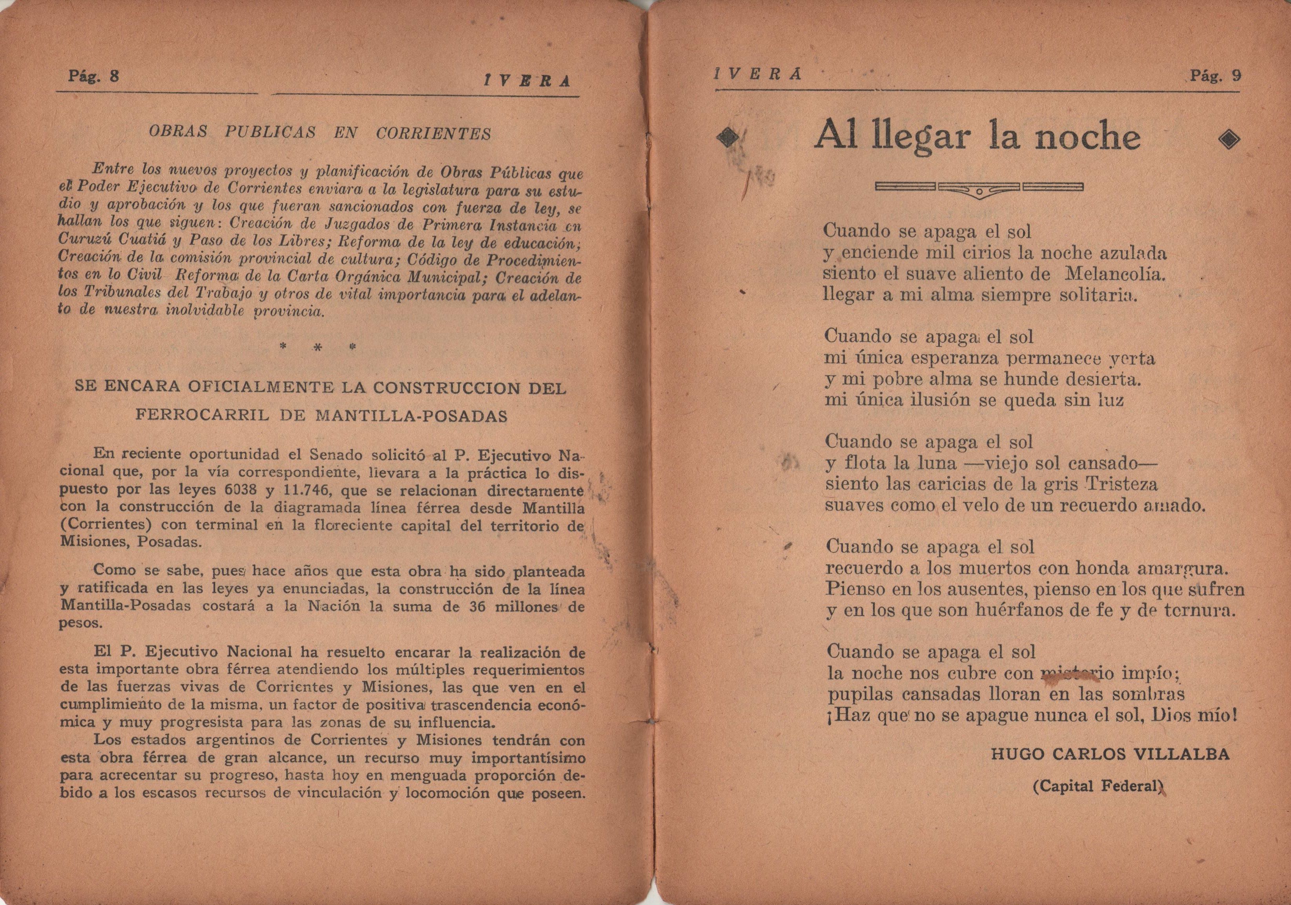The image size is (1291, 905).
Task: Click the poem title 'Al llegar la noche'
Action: pyautogui.click(x=977, y=137)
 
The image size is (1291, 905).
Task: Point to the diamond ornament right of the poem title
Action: pyautogui.click(x=1229, y=139)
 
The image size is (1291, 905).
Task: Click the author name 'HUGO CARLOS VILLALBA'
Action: pyautogui.click(x=1109, y=754)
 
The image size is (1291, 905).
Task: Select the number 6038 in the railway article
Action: pyautogui.click(x=241, y=489)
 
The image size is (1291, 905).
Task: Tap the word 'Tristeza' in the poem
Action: pyautogui.click(x=1113, y=484)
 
